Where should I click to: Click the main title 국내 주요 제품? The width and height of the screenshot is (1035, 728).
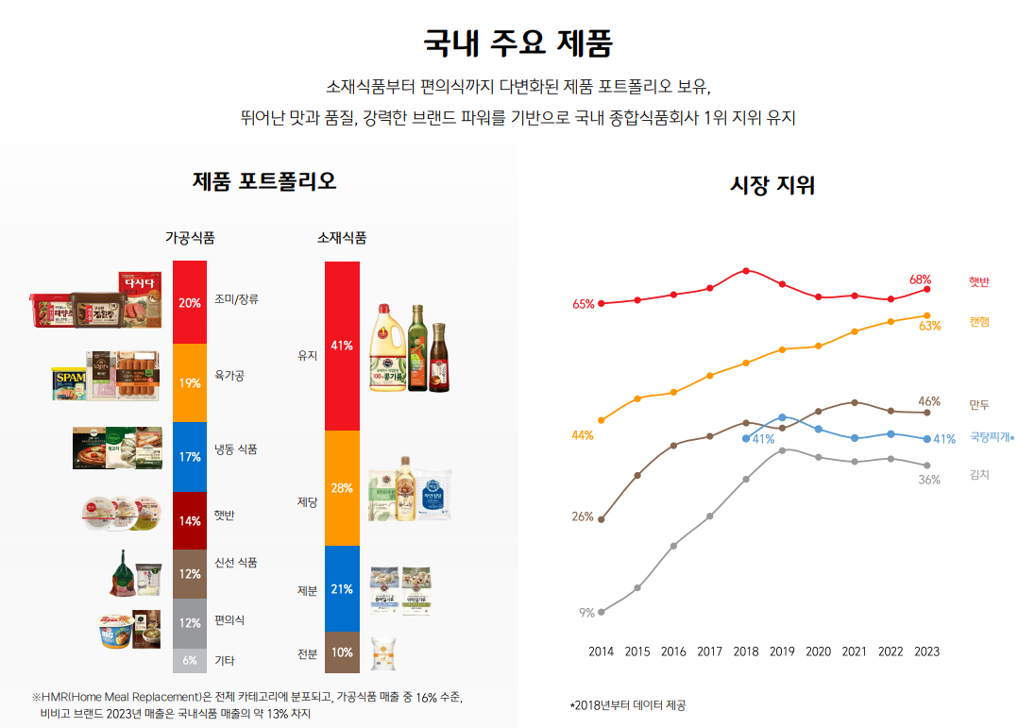(517, 43)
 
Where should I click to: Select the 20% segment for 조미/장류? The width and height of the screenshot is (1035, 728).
(190, 302)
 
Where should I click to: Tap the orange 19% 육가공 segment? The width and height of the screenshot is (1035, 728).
(190, 382)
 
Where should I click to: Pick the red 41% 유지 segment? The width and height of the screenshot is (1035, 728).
(342, 346)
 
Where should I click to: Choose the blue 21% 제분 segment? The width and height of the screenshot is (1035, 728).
(342, 589)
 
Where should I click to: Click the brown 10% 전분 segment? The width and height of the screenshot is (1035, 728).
(342, 652)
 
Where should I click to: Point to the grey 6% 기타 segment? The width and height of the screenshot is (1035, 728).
(190, 661)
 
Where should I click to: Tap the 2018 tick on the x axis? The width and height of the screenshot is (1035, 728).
(746, 652)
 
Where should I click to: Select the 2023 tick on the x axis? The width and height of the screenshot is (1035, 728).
(927, 652)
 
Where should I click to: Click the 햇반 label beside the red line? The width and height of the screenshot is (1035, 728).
(979, 282)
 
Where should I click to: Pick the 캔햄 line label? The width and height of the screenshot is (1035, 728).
(979, 323)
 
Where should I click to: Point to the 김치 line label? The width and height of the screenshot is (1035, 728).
(979, 475)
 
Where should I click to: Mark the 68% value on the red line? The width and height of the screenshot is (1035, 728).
(920, 279)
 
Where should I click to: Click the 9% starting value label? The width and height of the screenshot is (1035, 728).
(586, 613)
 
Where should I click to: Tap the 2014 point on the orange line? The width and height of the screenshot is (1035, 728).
(602, 420)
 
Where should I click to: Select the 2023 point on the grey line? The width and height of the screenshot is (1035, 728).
(927, 466)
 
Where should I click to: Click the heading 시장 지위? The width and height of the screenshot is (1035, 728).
(772, 185)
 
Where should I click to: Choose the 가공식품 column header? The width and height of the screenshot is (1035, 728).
(190, 238)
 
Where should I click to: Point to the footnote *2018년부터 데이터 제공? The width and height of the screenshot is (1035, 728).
(628, 705)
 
